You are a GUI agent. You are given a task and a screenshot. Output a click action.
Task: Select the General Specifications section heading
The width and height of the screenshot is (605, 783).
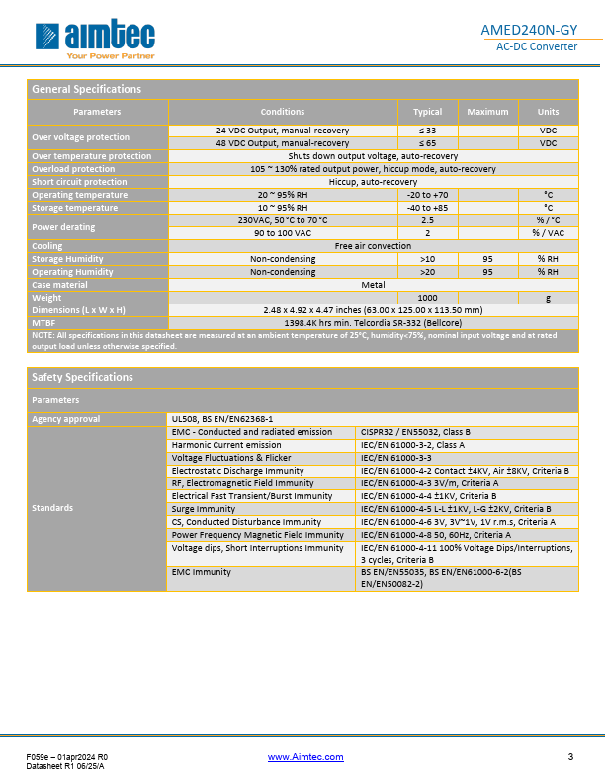point(87,89)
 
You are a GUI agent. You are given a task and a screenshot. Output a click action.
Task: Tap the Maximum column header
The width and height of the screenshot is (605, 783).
point(487,112)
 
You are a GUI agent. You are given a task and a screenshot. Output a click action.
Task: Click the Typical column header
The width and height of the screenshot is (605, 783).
point(427,112)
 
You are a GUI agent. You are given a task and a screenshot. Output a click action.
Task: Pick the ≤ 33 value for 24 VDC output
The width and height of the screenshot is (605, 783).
point(427,130)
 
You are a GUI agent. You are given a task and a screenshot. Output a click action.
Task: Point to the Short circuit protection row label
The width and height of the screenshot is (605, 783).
point(79,182)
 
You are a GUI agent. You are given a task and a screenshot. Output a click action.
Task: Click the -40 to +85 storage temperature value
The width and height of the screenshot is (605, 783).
point(427,208)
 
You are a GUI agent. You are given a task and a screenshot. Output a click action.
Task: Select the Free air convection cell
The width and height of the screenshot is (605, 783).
point(373,246)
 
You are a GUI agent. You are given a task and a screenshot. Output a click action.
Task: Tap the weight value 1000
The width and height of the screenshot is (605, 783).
point(427,298)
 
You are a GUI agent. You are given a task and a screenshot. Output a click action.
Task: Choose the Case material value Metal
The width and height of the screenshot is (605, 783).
point(373,285)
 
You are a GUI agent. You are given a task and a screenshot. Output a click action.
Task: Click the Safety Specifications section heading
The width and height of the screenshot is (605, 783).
point(83,377)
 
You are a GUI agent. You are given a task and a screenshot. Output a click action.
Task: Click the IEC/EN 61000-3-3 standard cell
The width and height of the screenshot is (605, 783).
point(396,458)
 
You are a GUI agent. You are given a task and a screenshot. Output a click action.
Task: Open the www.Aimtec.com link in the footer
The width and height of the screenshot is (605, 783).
point(305,757)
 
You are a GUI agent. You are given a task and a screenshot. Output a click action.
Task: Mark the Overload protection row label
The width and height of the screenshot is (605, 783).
point(73,169)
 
